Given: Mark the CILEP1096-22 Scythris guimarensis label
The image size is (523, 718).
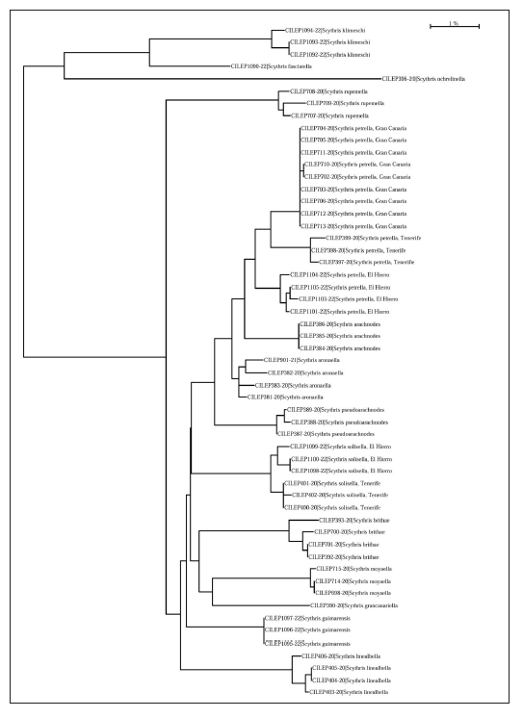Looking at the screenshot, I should click(303, 629).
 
